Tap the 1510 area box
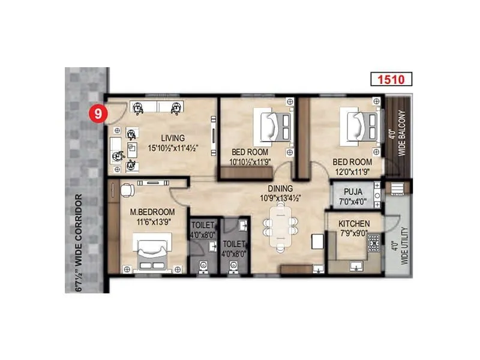[391, 79]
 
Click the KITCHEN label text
[353, 224]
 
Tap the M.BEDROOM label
[152, 212]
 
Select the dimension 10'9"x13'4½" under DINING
[280, 197]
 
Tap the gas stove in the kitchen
[373, 243]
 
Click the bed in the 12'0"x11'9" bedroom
[356, 127]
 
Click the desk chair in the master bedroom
[127, 190]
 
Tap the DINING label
[280, 188]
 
